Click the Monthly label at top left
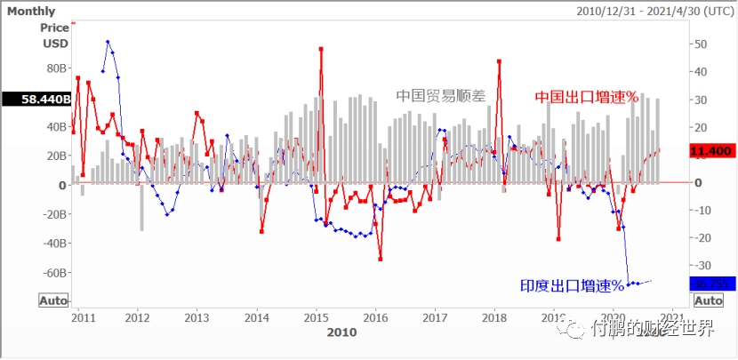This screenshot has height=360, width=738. click(x=31, y=12)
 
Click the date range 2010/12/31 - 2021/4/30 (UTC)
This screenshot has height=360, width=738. click(x=654, y=12)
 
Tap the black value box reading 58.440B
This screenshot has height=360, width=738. click(x=36, y=100)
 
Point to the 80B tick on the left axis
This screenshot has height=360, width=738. click(x=55, y=68)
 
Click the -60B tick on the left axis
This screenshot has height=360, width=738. click(x=53, y=273)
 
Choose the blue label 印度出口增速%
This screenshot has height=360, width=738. click(x=573, y=285)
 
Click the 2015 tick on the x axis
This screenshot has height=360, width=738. click(x=317, y=317)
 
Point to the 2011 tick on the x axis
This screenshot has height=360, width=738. click(x=83, y=317)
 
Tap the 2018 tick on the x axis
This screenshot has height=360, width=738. click(x=494, y=317)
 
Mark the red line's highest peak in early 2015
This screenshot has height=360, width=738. click(x=320, y=49)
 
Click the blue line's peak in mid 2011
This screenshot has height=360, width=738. click(x=108, y=42)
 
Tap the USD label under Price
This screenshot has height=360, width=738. click(x=55, y=43)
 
